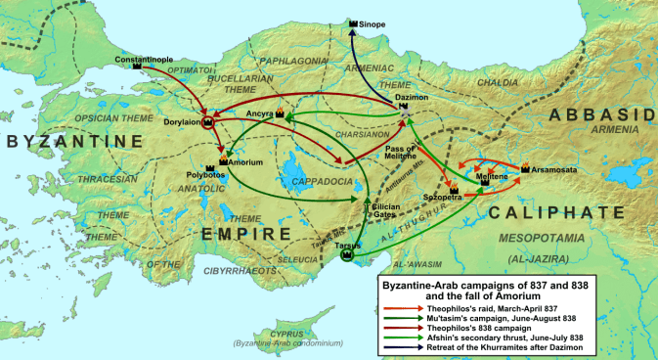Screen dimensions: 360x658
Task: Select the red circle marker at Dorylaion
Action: coord(207,122)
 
